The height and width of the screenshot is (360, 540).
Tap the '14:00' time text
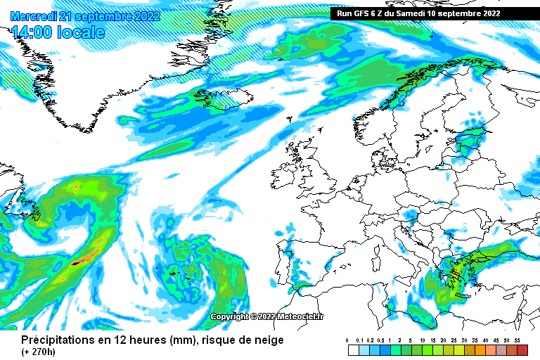point(32,32)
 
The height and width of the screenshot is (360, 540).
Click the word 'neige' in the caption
point(269,340)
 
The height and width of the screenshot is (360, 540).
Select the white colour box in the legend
point(353,349)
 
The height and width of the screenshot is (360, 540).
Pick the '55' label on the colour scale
point(517,340)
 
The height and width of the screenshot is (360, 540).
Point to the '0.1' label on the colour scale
point(359,340)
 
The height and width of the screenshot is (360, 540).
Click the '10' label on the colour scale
point(422,340)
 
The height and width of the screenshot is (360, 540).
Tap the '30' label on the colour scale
point(464,340)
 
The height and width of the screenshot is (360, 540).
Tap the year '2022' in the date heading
point(146,16)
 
